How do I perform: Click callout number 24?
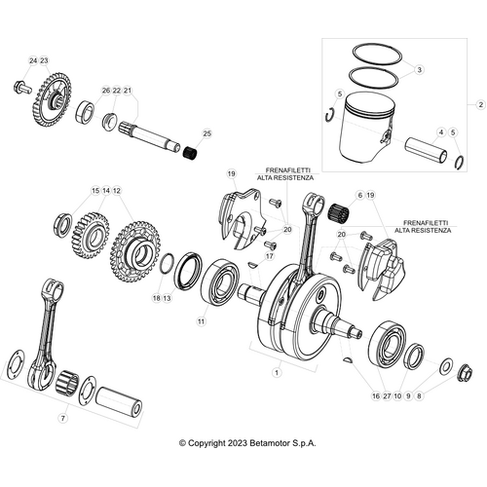tap(31, 61)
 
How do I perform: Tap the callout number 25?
tap(206, 133)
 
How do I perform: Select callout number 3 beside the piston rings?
tap(419, 70)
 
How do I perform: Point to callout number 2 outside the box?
tap(479, 103)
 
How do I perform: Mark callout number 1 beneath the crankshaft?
tap(276, 371)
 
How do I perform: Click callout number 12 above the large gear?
tap(117, 191)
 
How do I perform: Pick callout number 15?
tap(94, 191)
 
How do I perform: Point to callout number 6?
tap(359, 196)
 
